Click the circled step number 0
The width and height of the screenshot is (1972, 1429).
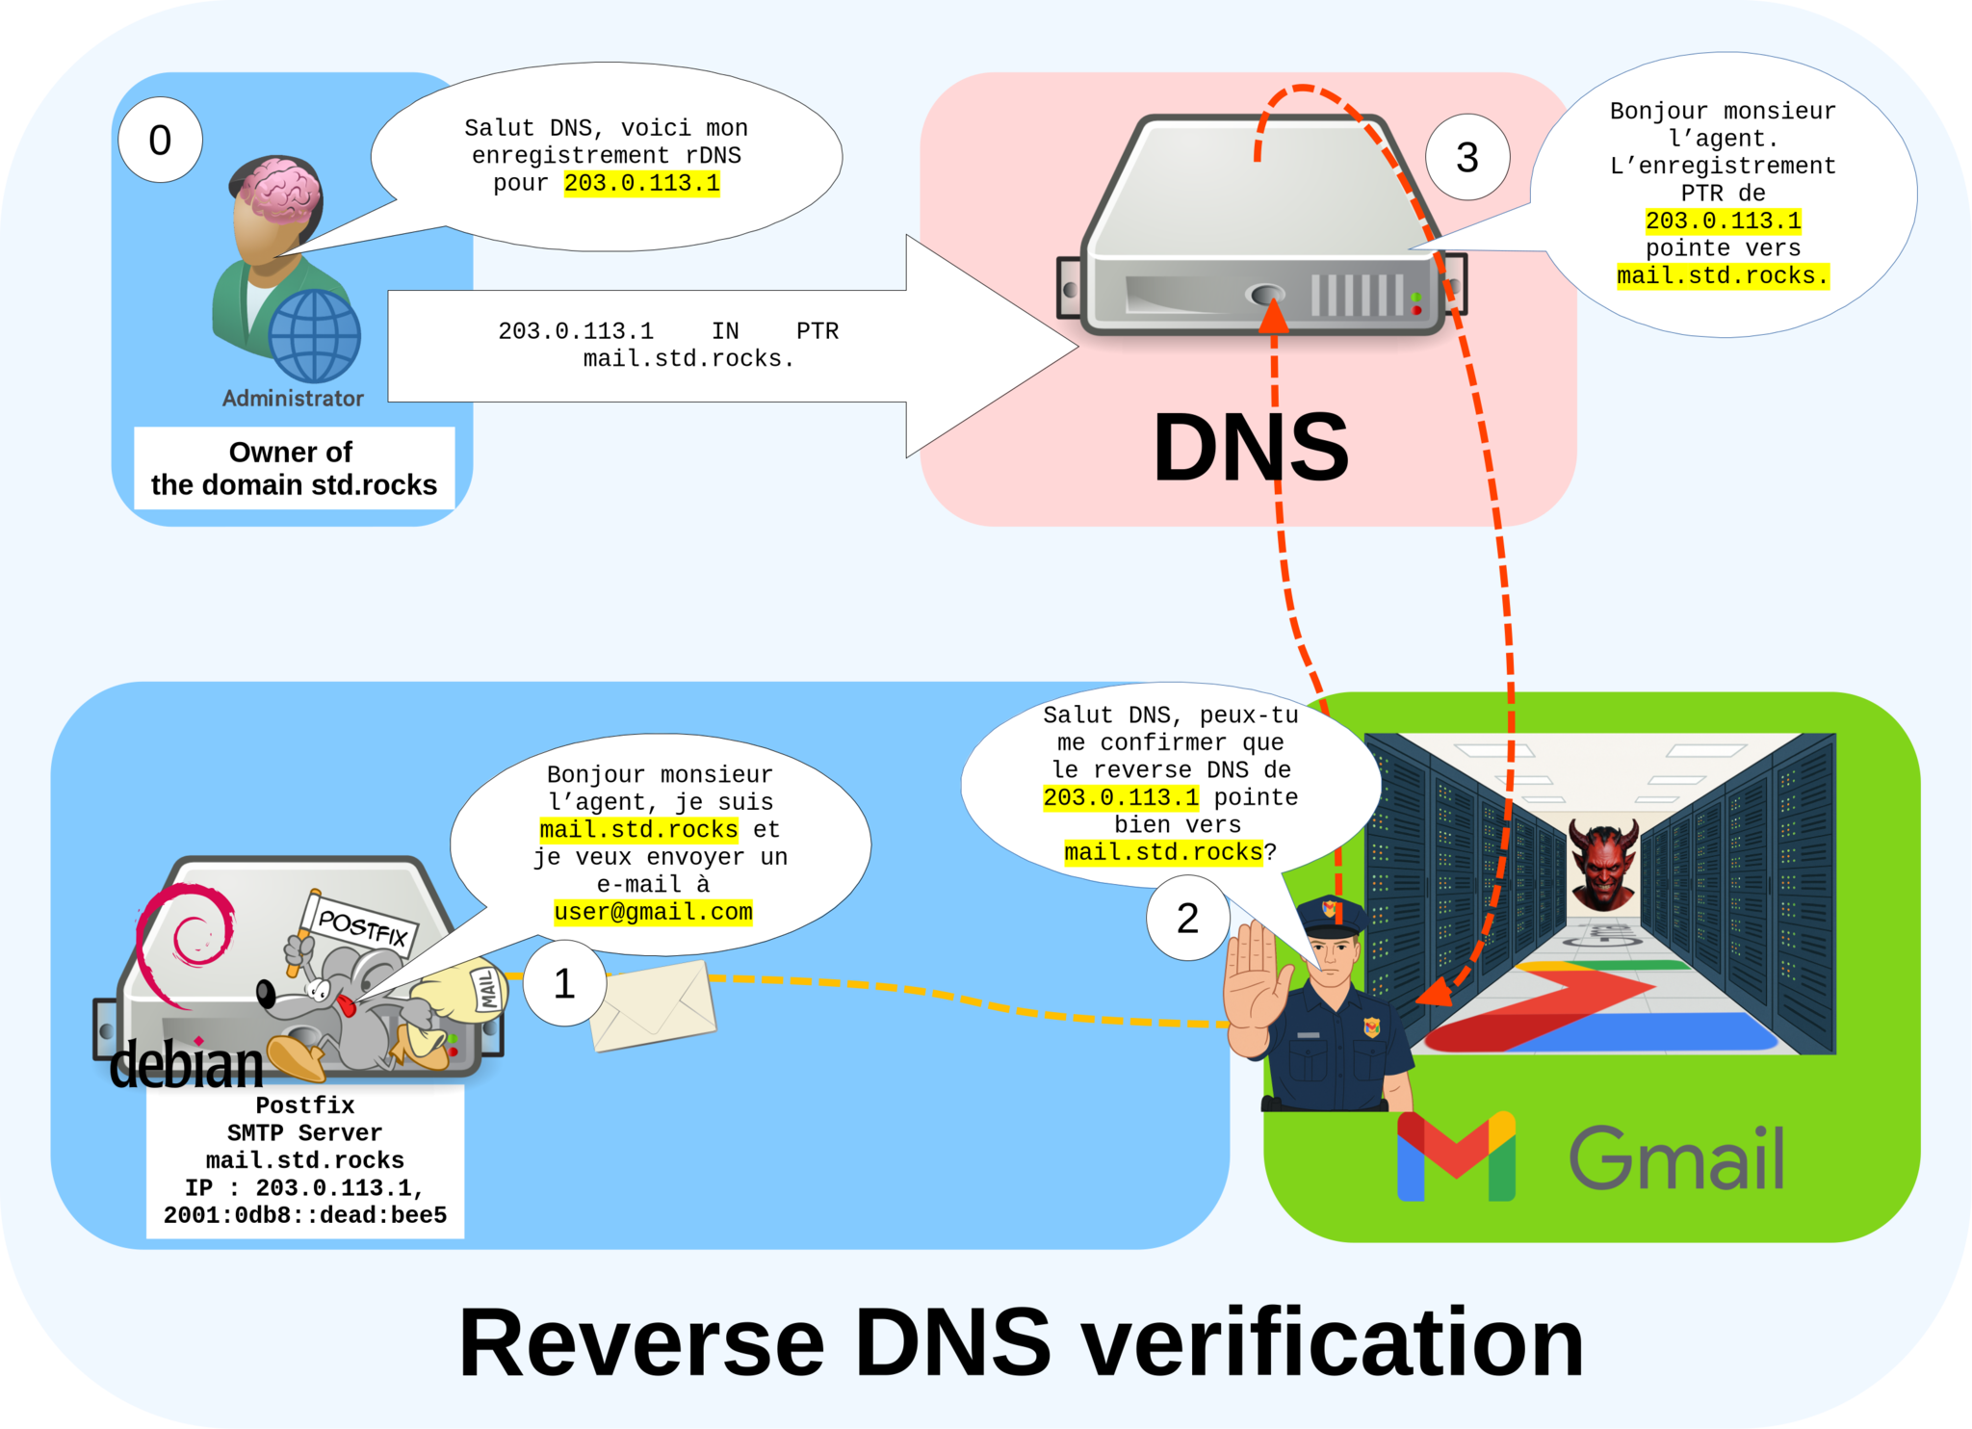[x=160, y=141]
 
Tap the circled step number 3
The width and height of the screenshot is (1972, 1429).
[x=1466, y=157]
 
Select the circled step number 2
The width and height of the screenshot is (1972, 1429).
[x=1187, y=918]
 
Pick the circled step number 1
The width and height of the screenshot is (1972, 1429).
[x=564, y=983]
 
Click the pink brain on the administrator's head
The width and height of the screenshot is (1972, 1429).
[x=280, y=189]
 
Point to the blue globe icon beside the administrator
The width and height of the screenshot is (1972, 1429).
[x=314, y=336]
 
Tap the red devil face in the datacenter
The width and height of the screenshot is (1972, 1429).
[x=1603, y=864]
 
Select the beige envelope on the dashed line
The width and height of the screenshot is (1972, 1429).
[x=653, y=1005]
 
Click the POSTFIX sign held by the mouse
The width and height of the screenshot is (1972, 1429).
[x=362, y=926]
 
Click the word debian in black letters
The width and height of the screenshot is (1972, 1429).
[x=186, y=1065]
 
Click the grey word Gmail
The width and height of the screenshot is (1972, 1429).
[x=1676, y=1157]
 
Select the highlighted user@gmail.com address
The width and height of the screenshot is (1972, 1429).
[x=653, y=912]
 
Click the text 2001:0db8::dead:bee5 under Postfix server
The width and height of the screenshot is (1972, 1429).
[x=304, y=1215]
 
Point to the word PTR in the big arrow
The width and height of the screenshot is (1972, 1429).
[x=817, y=331]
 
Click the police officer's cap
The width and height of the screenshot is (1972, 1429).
[x=1331, y=916]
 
